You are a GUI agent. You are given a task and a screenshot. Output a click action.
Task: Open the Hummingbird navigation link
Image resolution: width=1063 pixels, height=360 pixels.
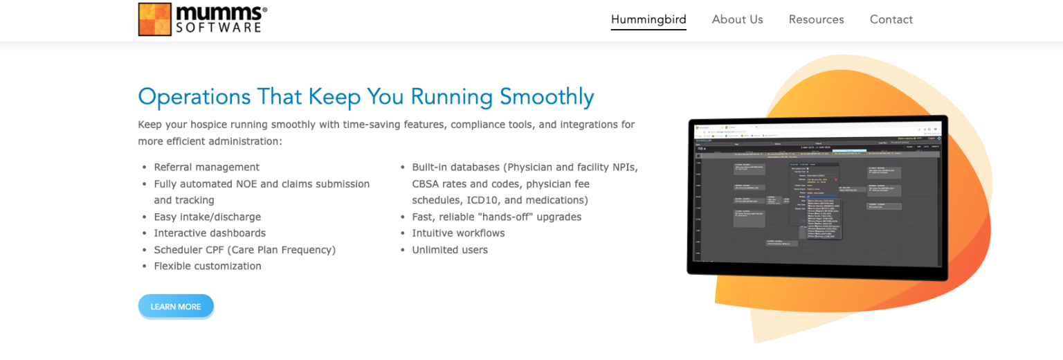pos(648,19)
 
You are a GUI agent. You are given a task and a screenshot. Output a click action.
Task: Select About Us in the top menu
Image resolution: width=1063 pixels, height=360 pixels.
pos(737,19)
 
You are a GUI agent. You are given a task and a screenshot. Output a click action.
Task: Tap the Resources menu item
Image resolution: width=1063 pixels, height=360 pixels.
pos(816,19)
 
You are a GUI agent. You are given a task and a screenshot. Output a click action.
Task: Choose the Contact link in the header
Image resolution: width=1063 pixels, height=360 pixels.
pos(891,19)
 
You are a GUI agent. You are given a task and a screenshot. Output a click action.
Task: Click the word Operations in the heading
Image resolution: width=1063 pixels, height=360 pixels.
pos(194,96)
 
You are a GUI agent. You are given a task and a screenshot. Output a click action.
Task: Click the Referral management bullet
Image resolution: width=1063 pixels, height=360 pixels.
pos(206,167)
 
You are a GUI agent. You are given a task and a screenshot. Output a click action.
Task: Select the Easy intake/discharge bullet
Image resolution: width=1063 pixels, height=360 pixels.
pos(207,217)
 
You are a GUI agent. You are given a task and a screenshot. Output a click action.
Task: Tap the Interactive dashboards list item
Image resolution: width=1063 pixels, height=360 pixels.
pos(209,233)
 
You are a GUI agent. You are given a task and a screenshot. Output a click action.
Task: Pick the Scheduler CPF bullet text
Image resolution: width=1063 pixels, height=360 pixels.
pos(244,250)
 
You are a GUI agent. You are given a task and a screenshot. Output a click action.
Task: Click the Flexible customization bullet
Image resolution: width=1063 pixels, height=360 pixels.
pos(207,267)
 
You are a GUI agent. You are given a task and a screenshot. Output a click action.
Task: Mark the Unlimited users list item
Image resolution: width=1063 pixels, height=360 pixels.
pos(450,250)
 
